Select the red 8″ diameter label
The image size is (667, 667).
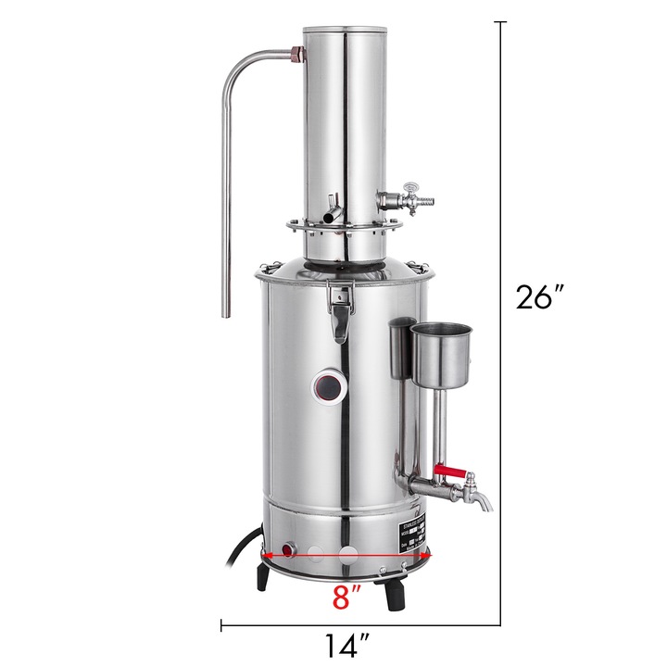tap(346, 596)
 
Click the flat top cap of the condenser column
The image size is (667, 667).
tap(346, 30)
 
